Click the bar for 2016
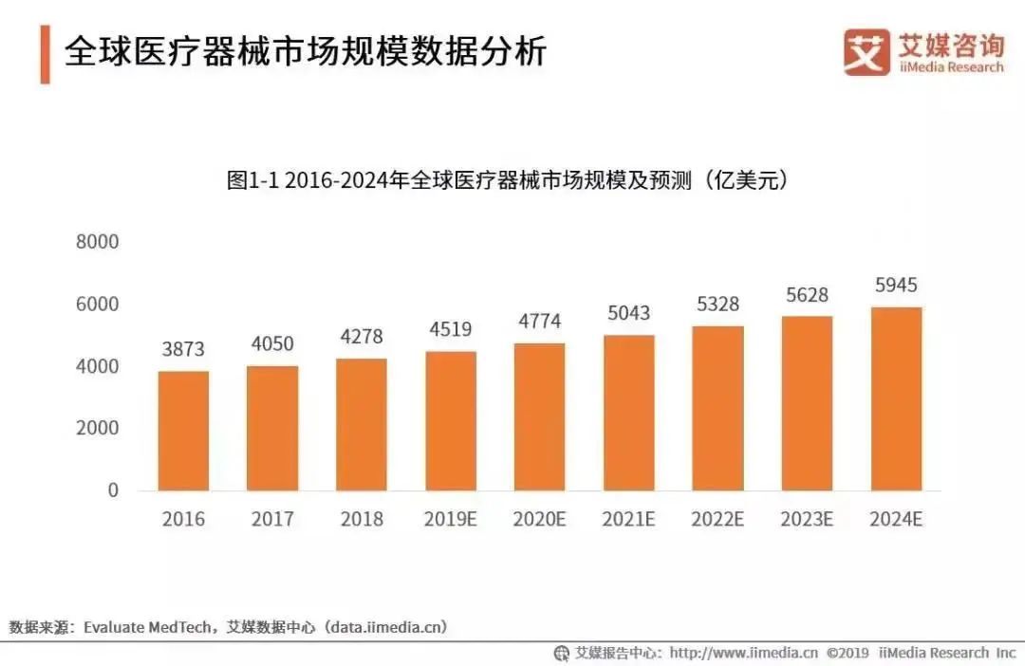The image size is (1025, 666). (183, 431)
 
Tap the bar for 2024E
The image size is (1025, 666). (896, 398)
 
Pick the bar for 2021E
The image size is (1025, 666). (628, 413)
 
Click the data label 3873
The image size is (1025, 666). (183, 349)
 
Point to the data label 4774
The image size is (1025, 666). (539, 322)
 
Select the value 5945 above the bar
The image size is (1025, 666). (896, 285)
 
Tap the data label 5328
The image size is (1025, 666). (717, 304)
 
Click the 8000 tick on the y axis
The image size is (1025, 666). (98, 242)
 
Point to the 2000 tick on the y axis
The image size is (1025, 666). (98, 428)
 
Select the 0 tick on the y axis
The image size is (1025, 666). (113, 490)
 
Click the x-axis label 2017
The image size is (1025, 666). (272, 520)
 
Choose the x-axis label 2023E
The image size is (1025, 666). (807, 520)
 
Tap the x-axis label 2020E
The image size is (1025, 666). (539, 520)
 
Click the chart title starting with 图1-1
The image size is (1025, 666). (508, 180)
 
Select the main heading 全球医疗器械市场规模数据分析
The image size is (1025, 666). (306, 51)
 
